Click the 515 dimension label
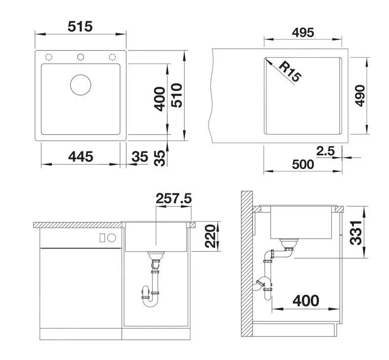tap(80, 26)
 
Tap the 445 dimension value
tap(80, 156)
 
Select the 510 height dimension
tap(176, 96)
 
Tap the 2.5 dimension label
tap(326, 151)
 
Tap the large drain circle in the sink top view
tap(81, 84)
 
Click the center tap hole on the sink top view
tap(81, 56)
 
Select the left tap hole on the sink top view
tap(48, 56)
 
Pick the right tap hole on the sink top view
tap(113, 56)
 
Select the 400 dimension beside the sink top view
tap(159, 98)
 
